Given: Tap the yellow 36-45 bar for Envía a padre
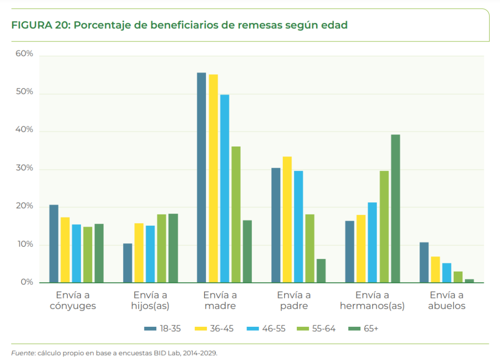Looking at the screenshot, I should tap(288, 219).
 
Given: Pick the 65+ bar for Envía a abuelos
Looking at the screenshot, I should tap(469, 281).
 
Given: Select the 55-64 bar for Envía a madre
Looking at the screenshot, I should tap(236, 214).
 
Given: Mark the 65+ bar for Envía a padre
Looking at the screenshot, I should tap(321, 271).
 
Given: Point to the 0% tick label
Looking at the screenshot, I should tap(27, 282).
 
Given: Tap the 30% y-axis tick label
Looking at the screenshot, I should tap(24, 169).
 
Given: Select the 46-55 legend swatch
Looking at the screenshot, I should tap(254, 329).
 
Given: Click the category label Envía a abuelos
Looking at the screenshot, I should tap(447, 300).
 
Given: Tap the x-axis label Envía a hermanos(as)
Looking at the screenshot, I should tap(372, 300).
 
